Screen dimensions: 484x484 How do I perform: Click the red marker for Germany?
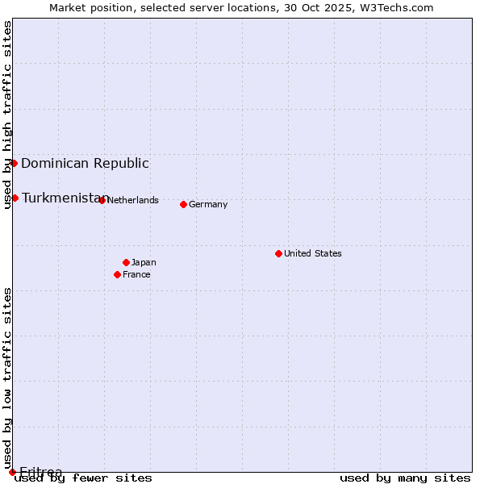(x=183, y=204)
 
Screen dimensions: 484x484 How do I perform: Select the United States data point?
(x=278, y=253)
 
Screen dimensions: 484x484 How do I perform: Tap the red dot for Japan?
(x=126, y=262)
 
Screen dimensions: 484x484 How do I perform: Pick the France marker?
(x=117, y=274)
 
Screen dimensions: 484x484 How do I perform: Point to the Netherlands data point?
(x=102, y=200)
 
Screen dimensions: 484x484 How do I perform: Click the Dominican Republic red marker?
(x=14, y=163)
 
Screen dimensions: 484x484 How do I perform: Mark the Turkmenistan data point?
(x=15, y=198)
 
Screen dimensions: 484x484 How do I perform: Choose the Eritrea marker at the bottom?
(x=12, y=472)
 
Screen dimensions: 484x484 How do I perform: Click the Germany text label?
(x=208, y=205)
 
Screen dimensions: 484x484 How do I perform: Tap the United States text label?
(x=313, y=253)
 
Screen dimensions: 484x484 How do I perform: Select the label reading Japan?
(x=144, y=262)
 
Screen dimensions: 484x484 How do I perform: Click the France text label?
(x=136, y=274)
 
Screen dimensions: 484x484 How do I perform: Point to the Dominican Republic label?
(x=85, y=164)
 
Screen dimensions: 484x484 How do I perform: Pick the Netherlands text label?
(x=132, y=200)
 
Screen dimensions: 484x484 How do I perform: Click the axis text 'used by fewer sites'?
(x=83, y=478)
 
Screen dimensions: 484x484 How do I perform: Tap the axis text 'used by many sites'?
(x=405, y=478)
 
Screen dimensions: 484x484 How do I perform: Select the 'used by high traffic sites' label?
(x=7, y=115)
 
